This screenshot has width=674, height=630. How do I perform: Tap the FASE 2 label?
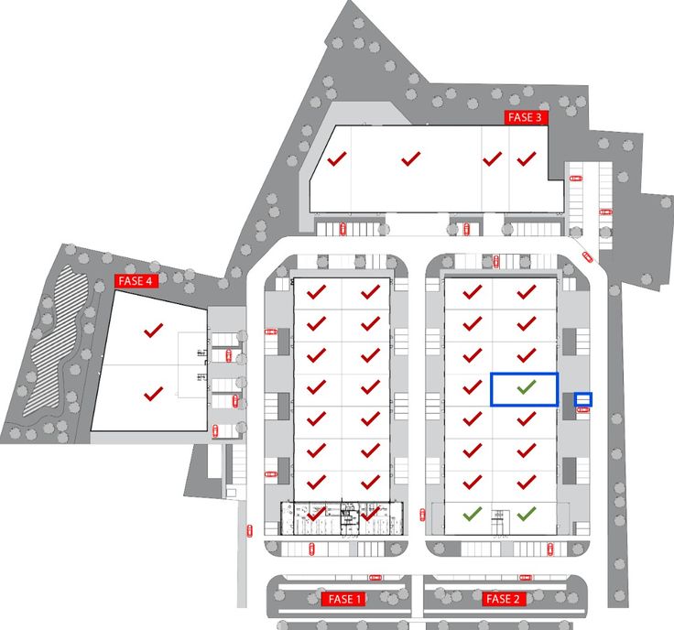pos(503,599)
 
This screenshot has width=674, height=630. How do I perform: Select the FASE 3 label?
pos(526,117)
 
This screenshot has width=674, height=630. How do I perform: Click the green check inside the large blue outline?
pos(525,388)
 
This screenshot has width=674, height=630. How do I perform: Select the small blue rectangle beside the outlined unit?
pos(583,399)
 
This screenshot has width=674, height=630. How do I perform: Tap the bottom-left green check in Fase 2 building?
pos(472,514)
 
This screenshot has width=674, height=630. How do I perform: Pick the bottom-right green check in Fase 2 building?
pos(526,514)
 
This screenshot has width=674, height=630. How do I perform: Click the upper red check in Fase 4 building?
pos(153,330)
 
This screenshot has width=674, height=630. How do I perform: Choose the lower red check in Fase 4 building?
pos(153,393)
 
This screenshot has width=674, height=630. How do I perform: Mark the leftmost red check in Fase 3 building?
pos(337,158)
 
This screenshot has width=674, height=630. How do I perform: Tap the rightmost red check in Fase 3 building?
pos(526,158)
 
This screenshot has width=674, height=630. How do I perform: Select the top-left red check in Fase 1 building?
pos(317,292)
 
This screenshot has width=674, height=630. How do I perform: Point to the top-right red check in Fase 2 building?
pos(526,292)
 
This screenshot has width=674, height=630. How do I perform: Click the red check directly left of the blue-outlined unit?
pos(472,388)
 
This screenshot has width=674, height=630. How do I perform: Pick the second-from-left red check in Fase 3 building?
pos(410,158)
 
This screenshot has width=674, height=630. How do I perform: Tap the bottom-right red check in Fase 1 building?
pos(370,514)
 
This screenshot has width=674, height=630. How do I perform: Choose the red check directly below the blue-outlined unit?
pos(526,418)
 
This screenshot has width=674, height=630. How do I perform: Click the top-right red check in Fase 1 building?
pos(370,292)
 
